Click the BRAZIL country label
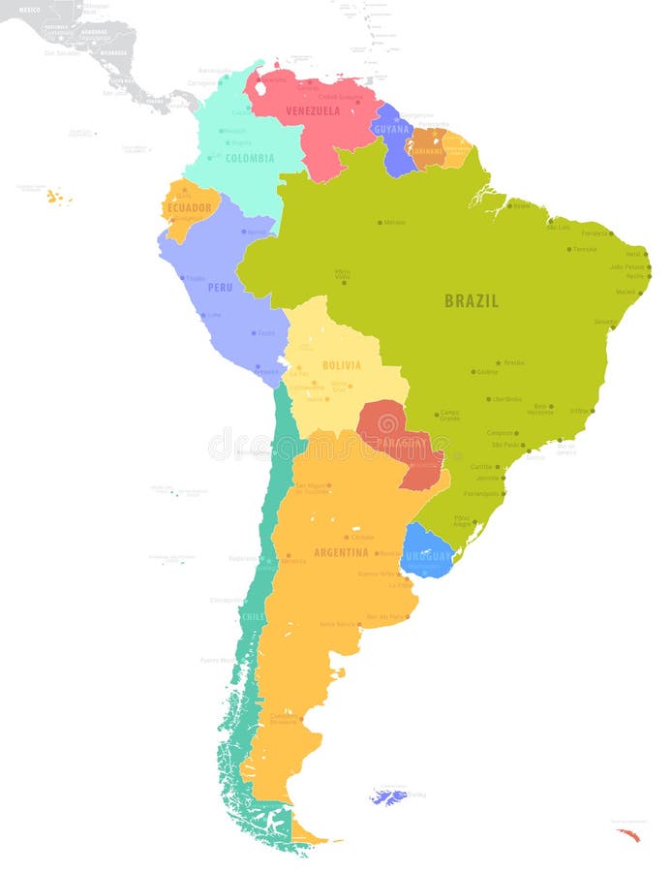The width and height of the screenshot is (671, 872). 472,301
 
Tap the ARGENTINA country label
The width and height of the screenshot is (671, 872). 341,552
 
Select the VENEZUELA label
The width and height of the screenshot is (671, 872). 313,111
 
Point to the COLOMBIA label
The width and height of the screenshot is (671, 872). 250,158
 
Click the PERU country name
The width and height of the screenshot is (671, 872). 220,287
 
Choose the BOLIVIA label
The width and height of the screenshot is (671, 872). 341,365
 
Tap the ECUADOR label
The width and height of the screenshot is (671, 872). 189,207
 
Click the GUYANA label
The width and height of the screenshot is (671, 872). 391,129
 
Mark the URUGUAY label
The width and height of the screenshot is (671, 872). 428,556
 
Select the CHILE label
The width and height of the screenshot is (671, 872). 253,616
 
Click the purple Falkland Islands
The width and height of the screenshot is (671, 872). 388,797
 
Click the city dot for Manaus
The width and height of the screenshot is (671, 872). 380,223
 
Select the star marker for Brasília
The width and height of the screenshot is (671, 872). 499,363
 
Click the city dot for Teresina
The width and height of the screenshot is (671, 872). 568,249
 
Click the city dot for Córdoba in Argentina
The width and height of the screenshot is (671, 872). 347,536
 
